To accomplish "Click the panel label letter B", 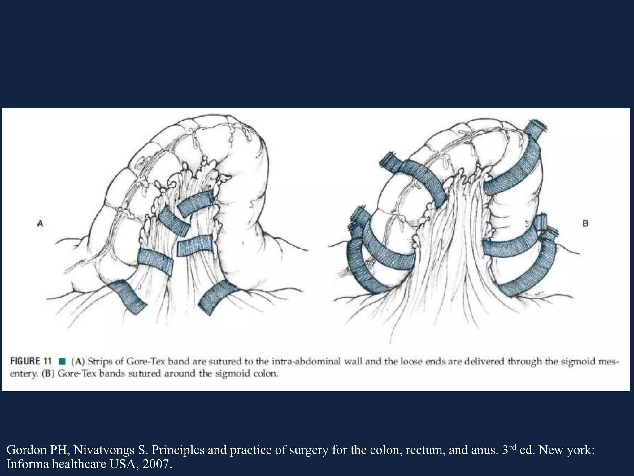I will (x=585, y=223).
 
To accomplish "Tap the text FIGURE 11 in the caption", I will (x=30, y=361).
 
